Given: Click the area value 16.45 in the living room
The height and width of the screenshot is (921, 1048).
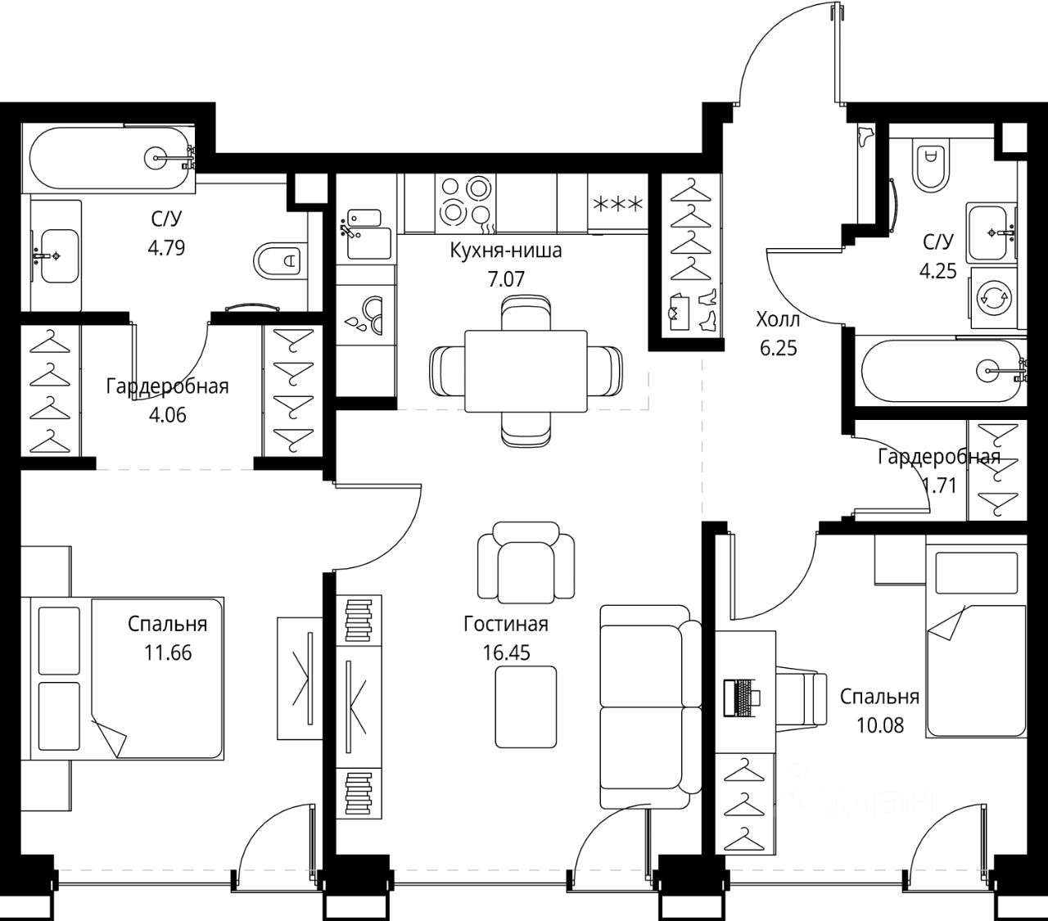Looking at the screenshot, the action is [506, 653].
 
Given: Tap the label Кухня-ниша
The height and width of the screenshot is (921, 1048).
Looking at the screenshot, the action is [506, 251].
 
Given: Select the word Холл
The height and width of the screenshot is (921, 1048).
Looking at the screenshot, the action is [778, 319].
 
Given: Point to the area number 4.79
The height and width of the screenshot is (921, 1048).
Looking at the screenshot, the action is [166, 248].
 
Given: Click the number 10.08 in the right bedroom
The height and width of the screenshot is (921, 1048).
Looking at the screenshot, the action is [880, 725].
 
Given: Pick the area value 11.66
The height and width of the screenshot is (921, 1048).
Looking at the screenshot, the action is [168, 653].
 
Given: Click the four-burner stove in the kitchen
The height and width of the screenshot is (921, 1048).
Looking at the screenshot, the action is [465, 202].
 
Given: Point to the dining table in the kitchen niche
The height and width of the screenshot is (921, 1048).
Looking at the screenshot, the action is [526, 371].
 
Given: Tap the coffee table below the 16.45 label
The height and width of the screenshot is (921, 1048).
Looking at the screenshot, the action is [526, 707].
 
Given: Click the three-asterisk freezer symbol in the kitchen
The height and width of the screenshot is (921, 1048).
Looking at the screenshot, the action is [617, 205].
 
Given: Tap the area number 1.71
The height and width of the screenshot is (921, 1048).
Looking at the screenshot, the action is [939, 485].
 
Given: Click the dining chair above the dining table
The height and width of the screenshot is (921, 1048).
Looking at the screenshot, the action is [526, 313].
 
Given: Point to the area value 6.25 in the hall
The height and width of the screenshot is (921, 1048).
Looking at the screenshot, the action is [778, 349].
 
